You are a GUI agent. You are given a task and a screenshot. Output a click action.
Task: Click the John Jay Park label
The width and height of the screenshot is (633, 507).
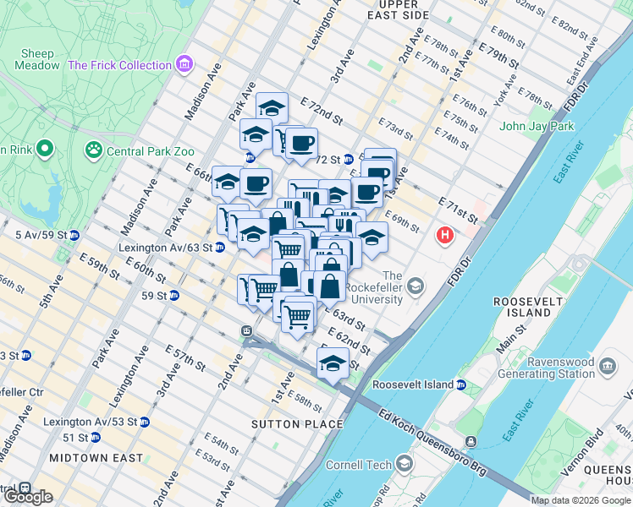click(x=537, y=126)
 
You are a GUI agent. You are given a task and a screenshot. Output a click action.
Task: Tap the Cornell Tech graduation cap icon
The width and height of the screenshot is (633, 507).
click(x=405, y=464)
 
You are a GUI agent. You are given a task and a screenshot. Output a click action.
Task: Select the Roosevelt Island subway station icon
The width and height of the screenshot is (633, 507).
click(x=461, y=385)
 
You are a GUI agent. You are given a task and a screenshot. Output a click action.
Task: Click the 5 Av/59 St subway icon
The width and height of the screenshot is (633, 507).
click(x=74, y=235)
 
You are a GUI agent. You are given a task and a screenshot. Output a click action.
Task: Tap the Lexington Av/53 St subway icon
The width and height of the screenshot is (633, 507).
click(x=145, y=421)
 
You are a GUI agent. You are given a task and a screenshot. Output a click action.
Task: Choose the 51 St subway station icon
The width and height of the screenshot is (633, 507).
click(x=96, y=437)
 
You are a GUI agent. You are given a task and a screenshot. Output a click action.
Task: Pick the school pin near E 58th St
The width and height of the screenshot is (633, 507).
click(x=333, y=365)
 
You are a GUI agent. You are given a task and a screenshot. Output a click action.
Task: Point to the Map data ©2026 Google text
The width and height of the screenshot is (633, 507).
click(x=581, y=500)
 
